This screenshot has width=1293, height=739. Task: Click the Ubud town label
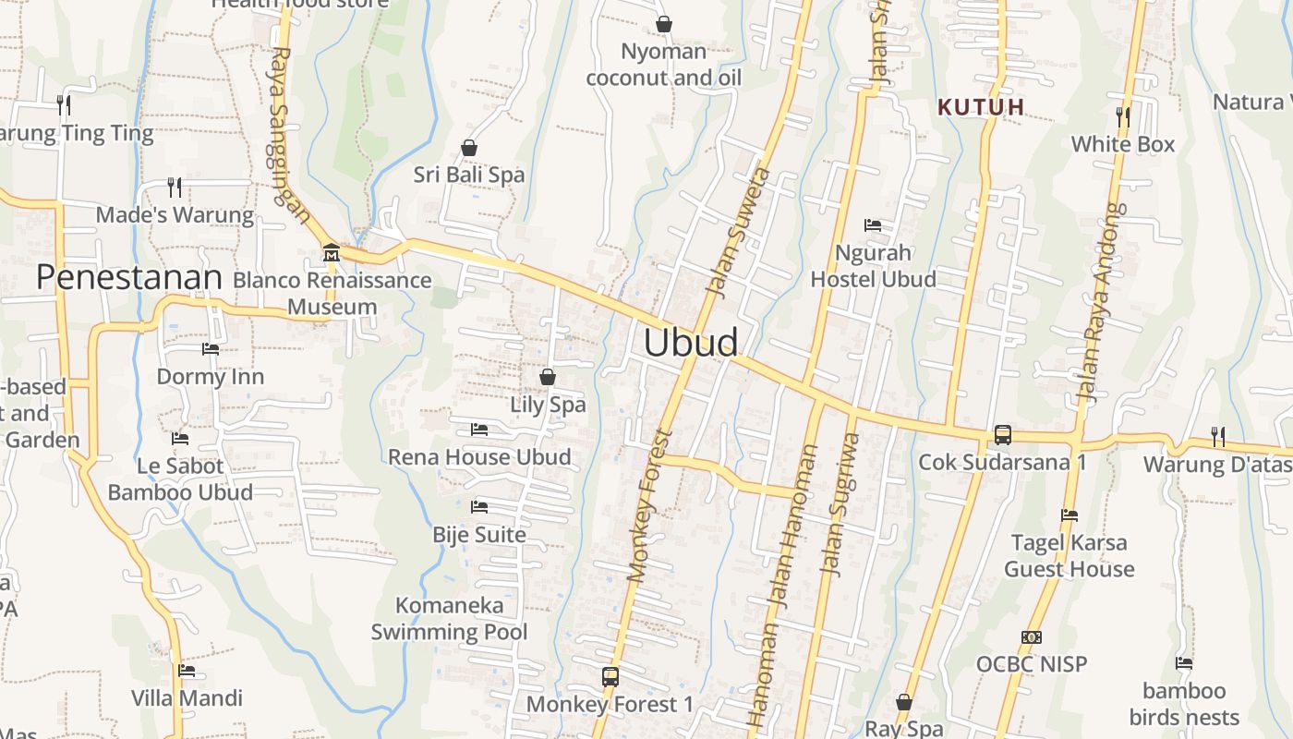click(691, 343)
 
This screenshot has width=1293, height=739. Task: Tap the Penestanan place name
click(129, 277)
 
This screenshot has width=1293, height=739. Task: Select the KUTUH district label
click(981, 107)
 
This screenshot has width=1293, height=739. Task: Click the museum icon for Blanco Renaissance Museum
click(331, 252)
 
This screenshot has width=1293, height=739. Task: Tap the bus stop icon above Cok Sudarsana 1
click(1002, 434)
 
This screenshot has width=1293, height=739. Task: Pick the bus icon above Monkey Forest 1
click(610, 676)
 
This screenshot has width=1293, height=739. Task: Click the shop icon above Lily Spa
click(548, 377)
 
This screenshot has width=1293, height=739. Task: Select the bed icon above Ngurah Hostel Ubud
click(873, 225)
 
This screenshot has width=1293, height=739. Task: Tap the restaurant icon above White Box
click(1123, 116)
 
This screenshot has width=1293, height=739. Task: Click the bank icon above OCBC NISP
click(1032, 636)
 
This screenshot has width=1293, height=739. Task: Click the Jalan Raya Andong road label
click(1103, 302)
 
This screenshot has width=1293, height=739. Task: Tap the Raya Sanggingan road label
click(291, 134)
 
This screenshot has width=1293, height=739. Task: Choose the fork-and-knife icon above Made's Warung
click(175, 188)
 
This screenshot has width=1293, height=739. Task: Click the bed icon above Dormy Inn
click(211, 349)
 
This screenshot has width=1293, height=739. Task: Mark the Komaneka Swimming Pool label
click(450, 619)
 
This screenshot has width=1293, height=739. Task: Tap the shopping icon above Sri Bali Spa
click(469, 148)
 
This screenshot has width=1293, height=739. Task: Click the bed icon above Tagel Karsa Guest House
click(1069, 515)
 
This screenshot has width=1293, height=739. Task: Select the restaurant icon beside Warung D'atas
click(1218, 436)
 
